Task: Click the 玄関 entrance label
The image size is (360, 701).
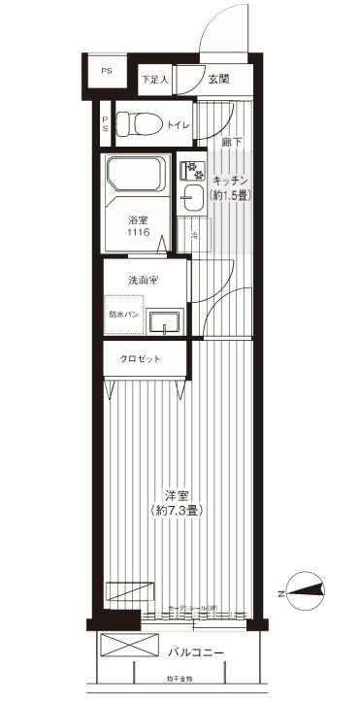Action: coord(217,80)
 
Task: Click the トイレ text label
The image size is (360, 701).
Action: coord(178,124)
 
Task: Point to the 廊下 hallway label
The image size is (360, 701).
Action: coord(230,143)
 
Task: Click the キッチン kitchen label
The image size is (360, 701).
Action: coord(231,182)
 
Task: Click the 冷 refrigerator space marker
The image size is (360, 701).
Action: coord(193,236)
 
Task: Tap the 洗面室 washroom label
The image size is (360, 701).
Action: coord(143,280)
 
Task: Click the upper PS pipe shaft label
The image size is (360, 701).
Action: coord(107,71)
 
